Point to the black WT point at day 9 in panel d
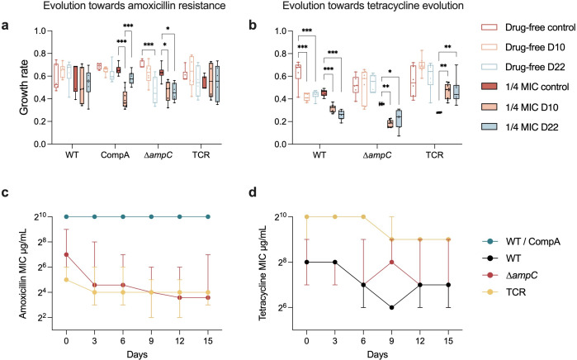click(x=390, y=308)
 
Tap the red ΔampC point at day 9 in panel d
click(x=390, y=262)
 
